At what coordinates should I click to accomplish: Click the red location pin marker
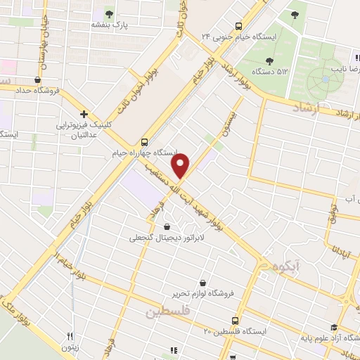point(181,166)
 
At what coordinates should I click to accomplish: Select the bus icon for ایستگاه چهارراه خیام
point(144,141)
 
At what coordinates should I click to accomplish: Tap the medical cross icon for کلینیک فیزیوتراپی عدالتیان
point(84,113)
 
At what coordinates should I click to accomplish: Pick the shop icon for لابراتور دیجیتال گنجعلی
point(166,226)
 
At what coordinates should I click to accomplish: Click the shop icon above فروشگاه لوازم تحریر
point(202,282)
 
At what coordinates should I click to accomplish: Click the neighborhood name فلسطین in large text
point(169,312)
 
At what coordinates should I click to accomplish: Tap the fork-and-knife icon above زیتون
point(69,336)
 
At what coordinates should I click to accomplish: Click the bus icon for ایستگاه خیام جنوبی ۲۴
point(239,23)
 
